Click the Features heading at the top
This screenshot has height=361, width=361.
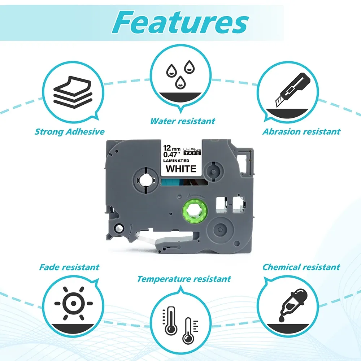click(x=180, y=22)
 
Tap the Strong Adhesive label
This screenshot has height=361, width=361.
click(x=69, y=131)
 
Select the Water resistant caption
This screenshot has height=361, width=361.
click(x=183, y=121)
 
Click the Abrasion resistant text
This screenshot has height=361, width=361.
click(x=301, y=131)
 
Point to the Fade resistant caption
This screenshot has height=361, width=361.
click(x=69, y=267)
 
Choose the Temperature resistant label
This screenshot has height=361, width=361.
click(x=184, y=279)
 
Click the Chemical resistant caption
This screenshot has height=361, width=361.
click(x=301, y=267)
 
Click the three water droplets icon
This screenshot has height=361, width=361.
click(x=179, y=74)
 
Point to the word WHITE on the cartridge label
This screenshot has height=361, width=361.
click(x=181, y=168)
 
